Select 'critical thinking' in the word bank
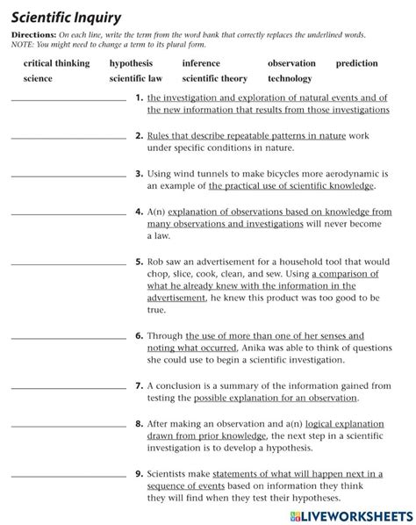point(56,63)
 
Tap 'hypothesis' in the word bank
point(131,63)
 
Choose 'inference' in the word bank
point(201,63)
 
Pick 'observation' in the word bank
point(291,63)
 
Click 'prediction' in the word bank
point(356,63)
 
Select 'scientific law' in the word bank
point(136,78)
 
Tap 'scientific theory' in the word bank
point(214,78)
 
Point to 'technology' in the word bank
point(290,78)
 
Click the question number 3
point(140,174)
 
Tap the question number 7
point(140,385)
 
